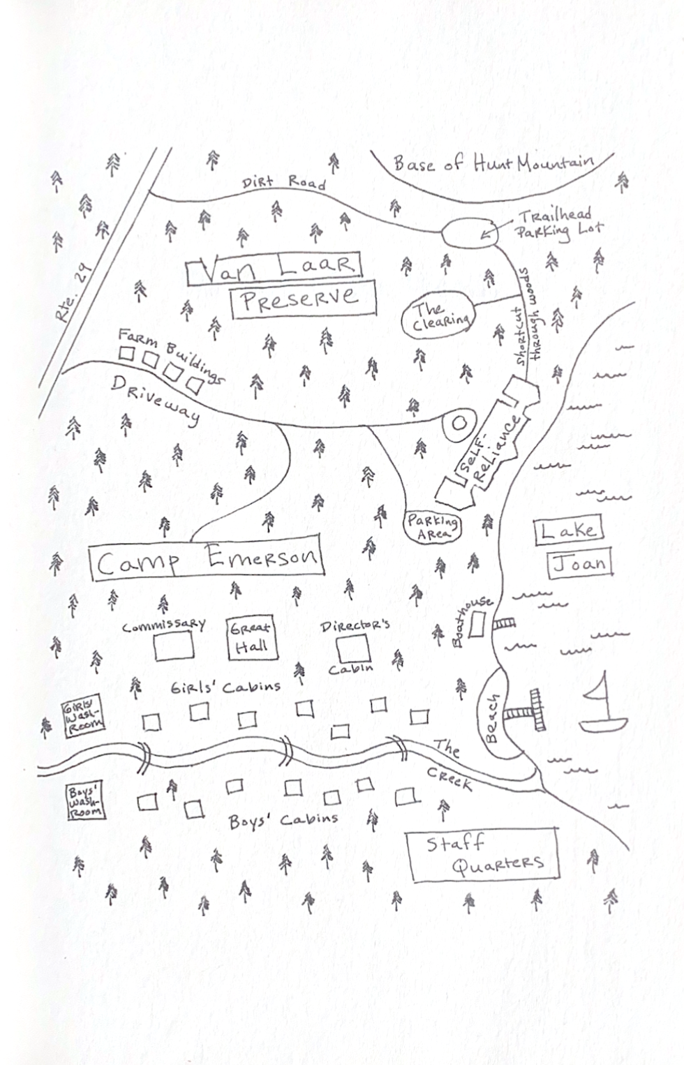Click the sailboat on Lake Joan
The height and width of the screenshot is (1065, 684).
click(x=603, y=708)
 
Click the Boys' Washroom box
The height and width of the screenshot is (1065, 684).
click(x=86, y=802)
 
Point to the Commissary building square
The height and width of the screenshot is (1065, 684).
click(x=174, y=646)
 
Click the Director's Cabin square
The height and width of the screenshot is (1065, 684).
click(x=352, y=648)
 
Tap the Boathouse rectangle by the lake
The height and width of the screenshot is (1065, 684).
click(x=476, y=623)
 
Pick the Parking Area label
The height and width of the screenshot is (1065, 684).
click(x=433, y=526)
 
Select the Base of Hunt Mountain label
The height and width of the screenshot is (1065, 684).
click(x=493, y=164)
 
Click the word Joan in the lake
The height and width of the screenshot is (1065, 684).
click(x=579, y=564)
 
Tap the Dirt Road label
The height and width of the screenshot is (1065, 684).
click(x=284, y=183)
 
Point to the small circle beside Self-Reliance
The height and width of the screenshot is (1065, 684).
click(x=458, y=423)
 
